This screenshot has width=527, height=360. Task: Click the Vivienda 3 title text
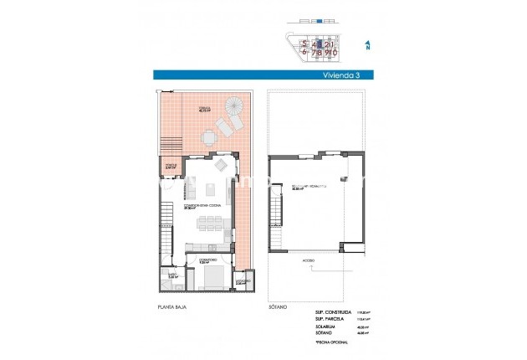point(339,75)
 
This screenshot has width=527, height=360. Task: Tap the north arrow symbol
point(366,45)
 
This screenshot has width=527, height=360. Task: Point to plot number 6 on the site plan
point(306,52)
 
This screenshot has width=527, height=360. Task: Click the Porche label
point(171,167)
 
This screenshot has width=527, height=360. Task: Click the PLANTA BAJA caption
point(171,308)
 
